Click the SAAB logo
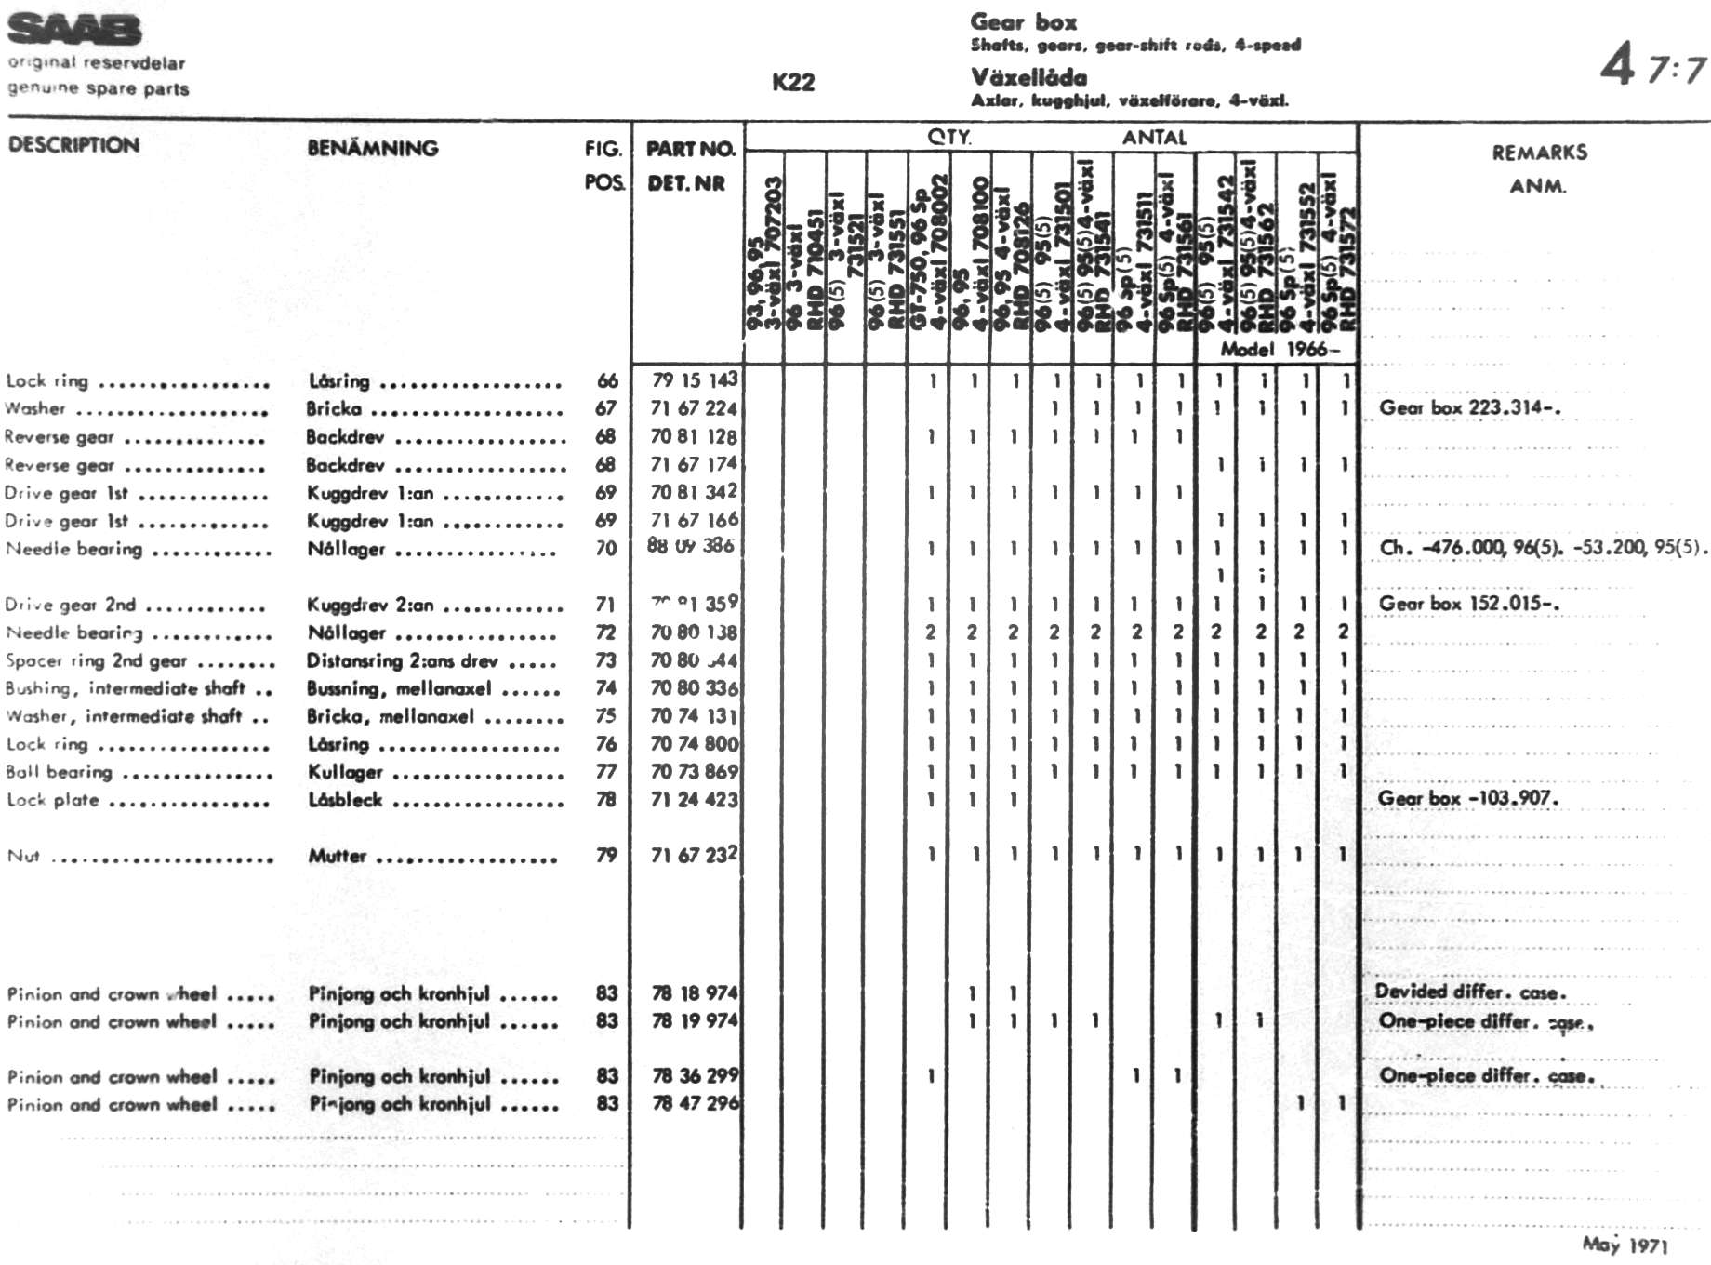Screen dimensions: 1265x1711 [x=74, y=30]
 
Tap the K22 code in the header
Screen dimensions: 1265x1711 [x=792, y=83]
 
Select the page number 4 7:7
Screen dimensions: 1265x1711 [x=1652, y=68]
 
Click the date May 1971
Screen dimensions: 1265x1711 [x=1625, y=1245]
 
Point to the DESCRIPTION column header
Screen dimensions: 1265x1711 [x=73, y=145]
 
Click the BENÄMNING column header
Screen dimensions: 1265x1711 [x=372, y=148]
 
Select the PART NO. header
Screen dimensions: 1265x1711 [x=690, y=149]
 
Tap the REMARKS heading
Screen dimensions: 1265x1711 [x=1539, y=153]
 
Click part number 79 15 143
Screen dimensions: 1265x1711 [x=694, y=379]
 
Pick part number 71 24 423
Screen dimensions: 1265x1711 [x=694, y=799]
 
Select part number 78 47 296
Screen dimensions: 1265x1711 [x=695, y=1103]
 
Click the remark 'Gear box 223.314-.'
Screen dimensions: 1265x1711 [x=1469, y=407]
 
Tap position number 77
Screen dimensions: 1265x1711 [x=605, y=772]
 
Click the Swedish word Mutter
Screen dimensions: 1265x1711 [x=337, y=856]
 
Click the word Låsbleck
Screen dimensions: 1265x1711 [x=344, y=800]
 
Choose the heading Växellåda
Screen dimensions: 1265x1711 [x=1028, y=77]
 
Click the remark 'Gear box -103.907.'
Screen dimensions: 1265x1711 [x=1467, y=798]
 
